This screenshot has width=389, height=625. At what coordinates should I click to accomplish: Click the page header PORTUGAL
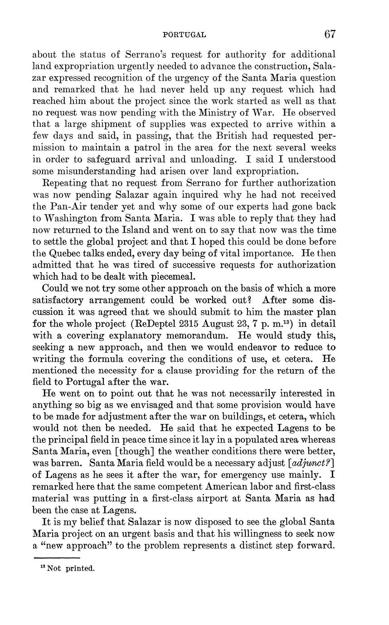(x=184, y=34)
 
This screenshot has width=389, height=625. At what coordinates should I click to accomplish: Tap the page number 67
(x=330, y=34)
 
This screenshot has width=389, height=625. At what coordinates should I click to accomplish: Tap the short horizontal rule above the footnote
(x=57, y=558)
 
